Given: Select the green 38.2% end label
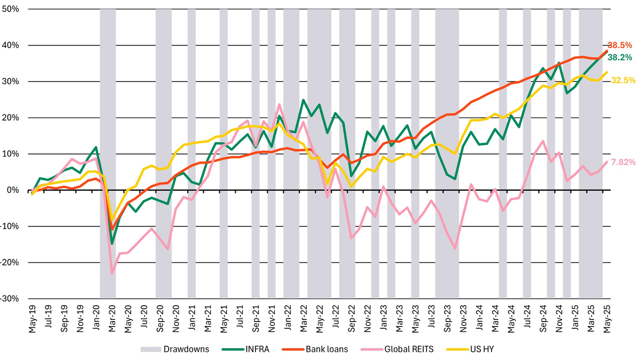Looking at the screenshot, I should (619, 57).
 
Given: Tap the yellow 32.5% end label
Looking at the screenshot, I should (623, 80).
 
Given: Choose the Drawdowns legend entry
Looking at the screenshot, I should (174, 349).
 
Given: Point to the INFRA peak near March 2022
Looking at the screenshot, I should (303, 100).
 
